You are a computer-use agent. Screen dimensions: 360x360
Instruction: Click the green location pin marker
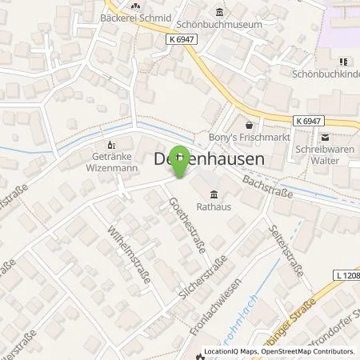[x=182, y=162]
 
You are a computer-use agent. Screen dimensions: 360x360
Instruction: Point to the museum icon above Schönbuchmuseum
[x=219, y=11]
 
